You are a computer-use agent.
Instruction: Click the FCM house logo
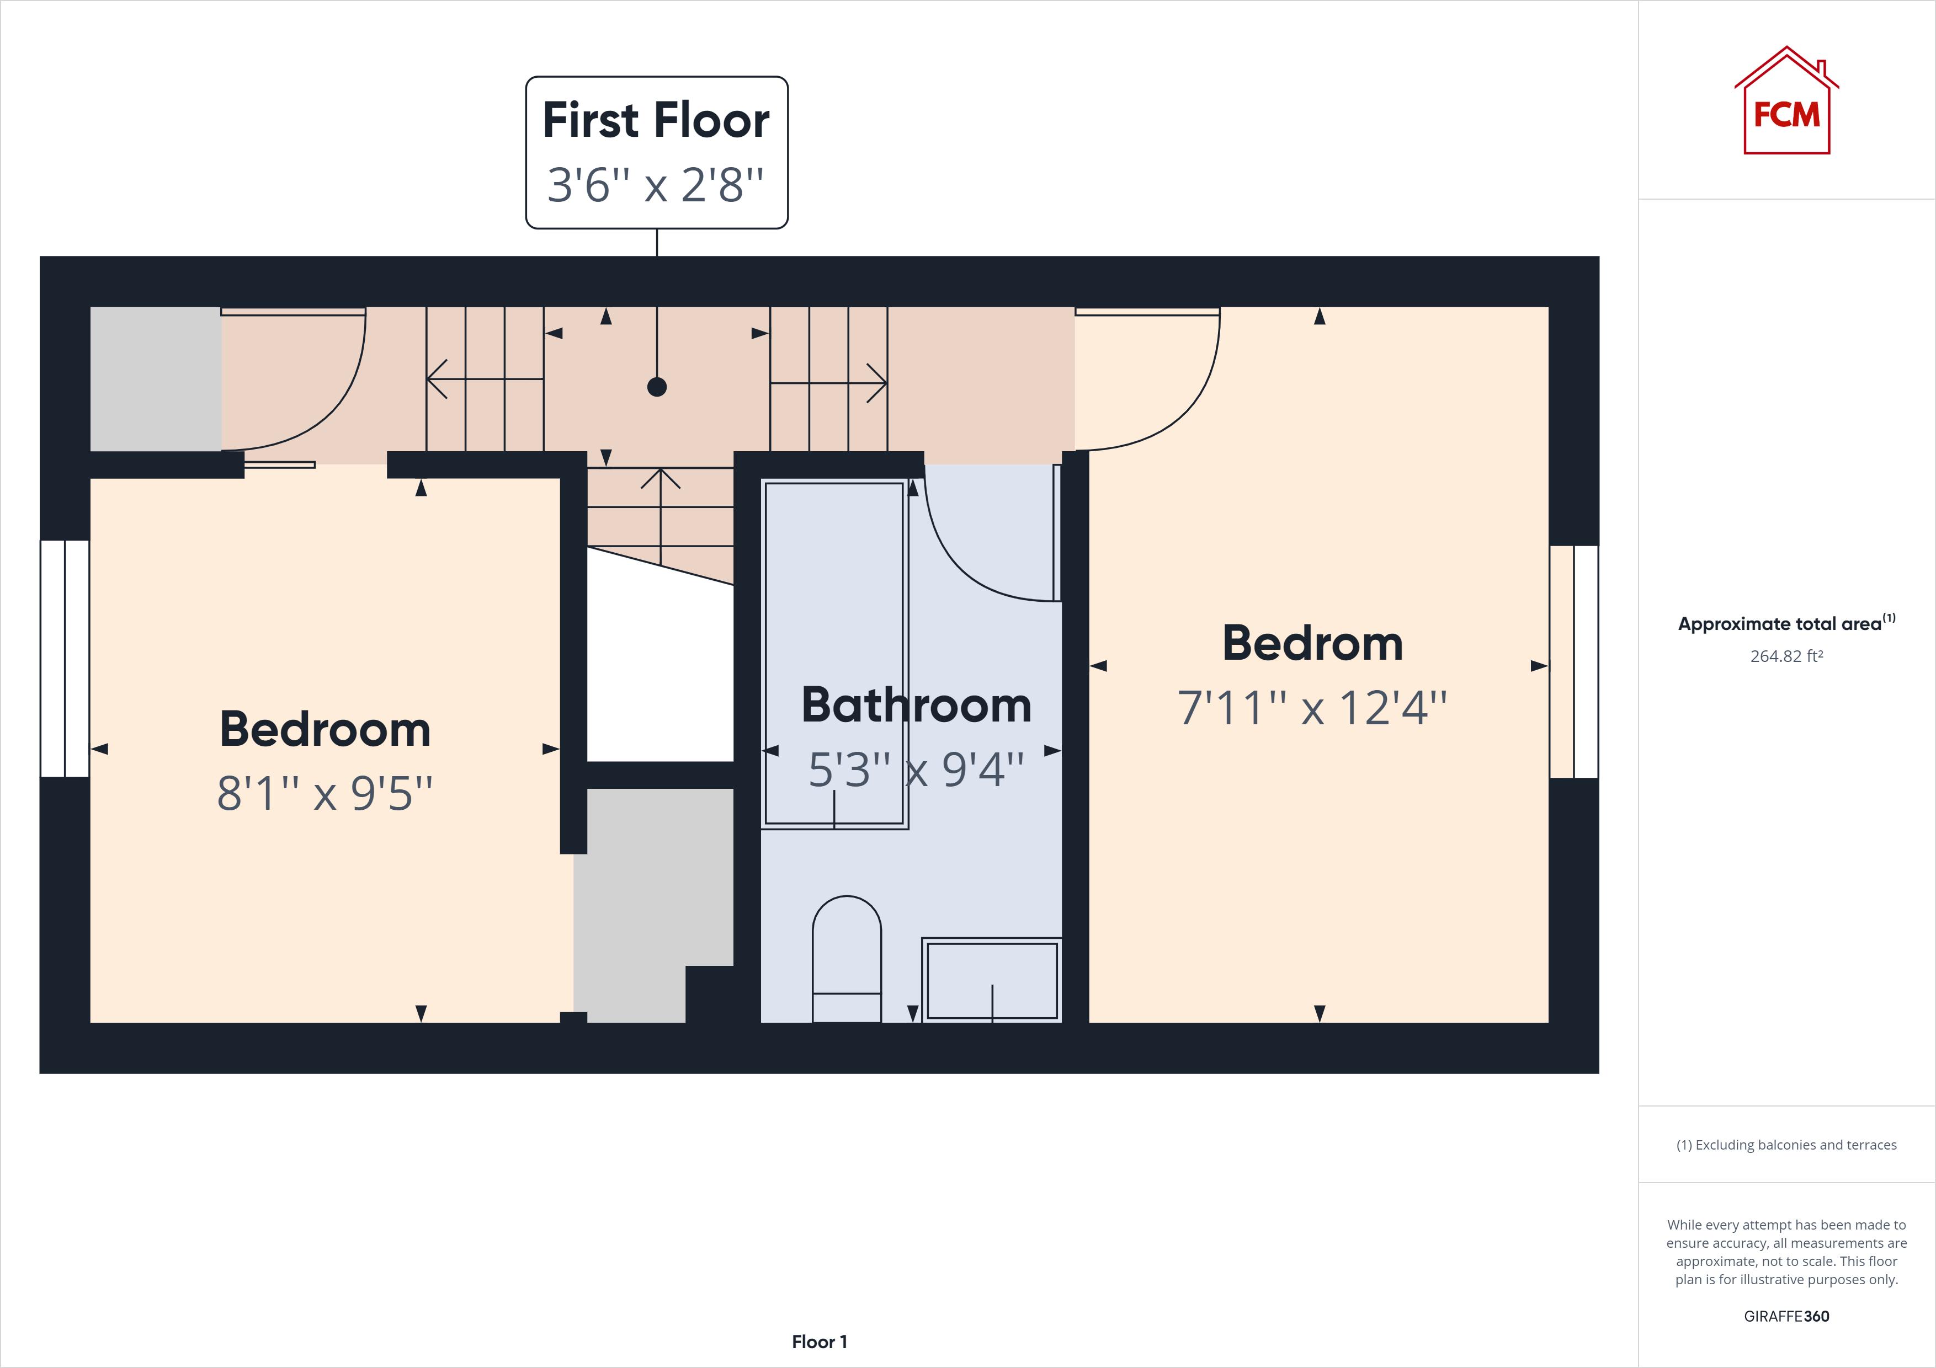coord(1786,103)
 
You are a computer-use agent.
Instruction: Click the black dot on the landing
coord(657,387)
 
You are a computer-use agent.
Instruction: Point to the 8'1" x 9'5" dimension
coord(325,793)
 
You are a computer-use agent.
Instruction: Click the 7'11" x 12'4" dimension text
coord(1312,708)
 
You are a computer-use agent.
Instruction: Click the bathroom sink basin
coord(992,980)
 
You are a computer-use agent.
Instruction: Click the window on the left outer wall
coord(65,658)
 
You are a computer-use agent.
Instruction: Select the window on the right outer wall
coord(1573,662)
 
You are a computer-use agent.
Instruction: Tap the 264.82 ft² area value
coord(1786,656)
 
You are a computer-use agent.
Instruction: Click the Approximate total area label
coord(1779,624)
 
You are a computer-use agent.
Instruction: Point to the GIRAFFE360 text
coord(1786,1316)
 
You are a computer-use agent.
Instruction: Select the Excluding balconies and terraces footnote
coord(1786,1145)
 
